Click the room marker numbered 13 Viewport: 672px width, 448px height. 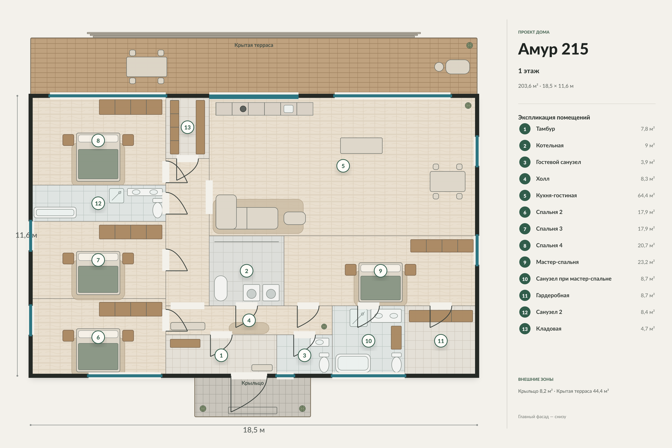[x=187, y=127]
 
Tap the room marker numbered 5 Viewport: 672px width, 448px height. [x=343, y=166]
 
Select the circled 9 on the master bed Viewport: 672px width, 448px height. [x=380, y=271]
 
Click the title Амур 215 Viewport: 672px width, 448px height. [x=553, y=49]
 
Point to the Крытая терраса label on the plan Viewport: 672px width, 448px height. [x=254, y=45]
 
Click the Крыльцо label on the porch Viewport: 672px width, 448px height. [x=253, y=383]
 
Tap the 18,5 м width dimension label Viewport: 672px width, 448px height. [x=254, y=430]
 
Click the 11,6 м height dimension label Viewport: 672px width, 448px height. [x=26, y=235]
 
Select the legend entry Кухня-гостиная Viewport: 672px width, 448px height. [x=556, y=195]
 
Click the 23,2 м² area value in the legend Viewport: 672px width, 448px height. [x=646, y=262]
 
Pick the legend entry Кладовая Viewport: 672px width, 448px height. [x=549, y=329]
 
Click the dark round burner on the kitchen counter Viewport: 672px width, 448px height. [x=243, y=109]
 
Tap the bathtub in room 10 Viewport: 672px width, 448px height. [x=353, y=363]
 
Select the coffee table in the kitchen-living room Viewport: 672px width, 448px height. [x=295, y=218]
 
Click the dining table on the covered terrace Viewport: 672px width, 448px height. [x=147, y=67]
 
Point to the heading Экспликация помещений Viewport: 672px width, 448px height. [x=554, y=117]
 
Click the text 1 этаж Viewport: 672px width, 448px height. [x=529, y=71]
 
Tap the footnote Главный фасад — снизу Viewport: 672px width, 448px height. [x=542, y=417]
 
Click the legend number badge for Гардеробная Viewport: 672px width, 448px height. [x=525, y=296]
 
